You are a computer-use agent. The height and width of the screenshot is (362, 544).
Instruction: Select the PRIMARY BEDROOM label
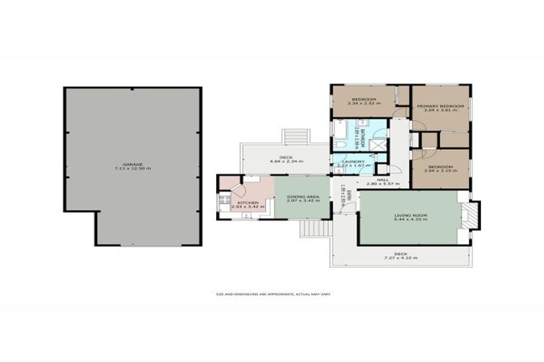point(440,106)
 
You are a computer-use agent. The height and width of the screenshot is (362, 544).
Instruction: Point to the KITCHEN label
point(247,203)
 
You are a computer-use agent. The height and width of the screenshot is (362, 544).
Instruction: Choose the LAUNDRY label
point(353,162)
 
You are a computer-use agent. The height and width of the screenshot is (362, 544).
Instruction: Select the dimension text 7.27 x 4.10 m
point(400,257)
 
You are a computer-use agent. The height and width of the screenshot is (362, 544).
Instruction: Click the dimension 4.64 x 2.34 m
point(286,161)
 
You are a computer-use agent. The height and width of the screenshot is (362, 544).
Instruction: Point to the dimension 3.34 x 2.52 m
point(363,103)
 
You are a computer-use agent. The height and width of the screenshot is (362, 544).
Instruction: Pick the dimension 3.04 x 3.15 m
point(439,171)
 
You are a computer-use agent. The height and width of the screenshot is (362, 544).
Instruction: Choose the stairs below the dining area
point(315,228)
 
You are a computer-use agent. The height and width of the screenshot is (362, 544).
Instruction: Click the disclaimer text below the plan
point(273,293)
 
